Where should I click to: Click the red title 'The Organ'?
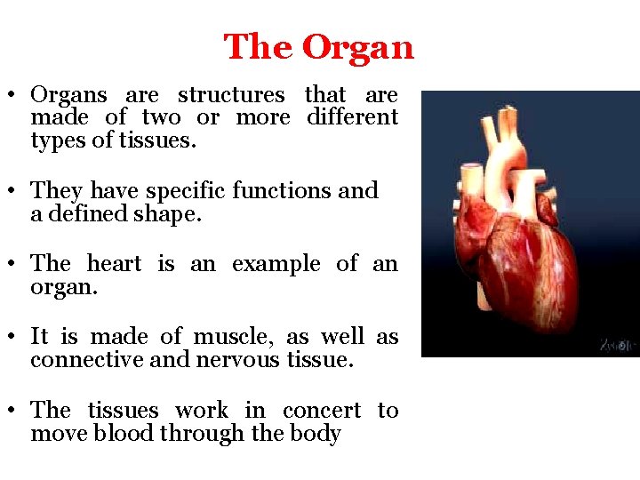coord(318,47)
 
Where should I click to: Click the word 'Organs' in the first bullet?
coord(68,95)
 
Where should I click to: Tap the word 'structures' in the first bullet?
coord(231,95)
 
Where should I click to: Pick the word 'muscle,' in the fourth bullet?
coord(229,337)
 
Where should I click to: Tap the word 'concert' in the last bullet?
coord(321,411)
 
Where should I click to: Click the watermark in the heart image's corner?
coord(617,344)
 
